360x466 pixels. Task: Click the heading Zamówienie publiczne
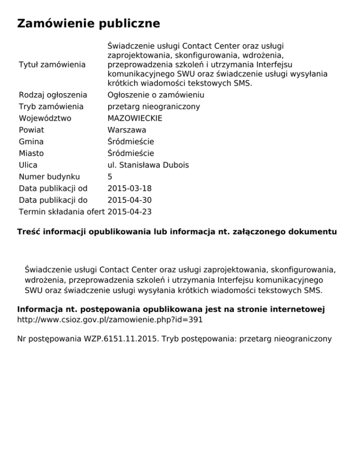tap(89, 23)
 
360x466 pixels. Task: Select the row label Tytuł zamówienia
tap(52, 64)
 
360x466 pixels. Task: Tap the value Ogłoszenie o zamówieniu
tap(156, 95)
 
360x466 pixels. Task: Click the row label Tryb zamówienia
tap(51, 106)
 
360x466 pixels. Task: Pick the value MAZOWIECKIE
tap(136, 118)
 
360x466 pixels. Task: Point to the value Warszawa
tap(127, 130)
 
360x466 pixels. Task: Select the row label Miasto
tap(31, 153)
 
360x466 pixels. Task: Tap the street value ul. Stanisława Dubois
tap(148, 165)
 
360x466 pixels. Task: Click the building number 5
tap(110, 177)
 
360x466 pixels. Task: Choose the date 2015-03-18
tap(129, 188)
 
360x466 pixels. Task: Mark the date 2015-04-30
tap(129, 200)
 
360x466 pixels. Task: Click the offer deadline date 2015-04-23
tap(129, 212)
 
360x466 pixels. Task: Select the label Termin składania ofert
tap(62, 212)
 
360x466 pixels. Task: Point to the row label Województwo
tap(45, 118)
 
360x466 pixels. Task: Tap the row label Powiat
tap(31, 130)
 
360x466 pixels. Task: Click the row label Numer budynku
tap(49, 177)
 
